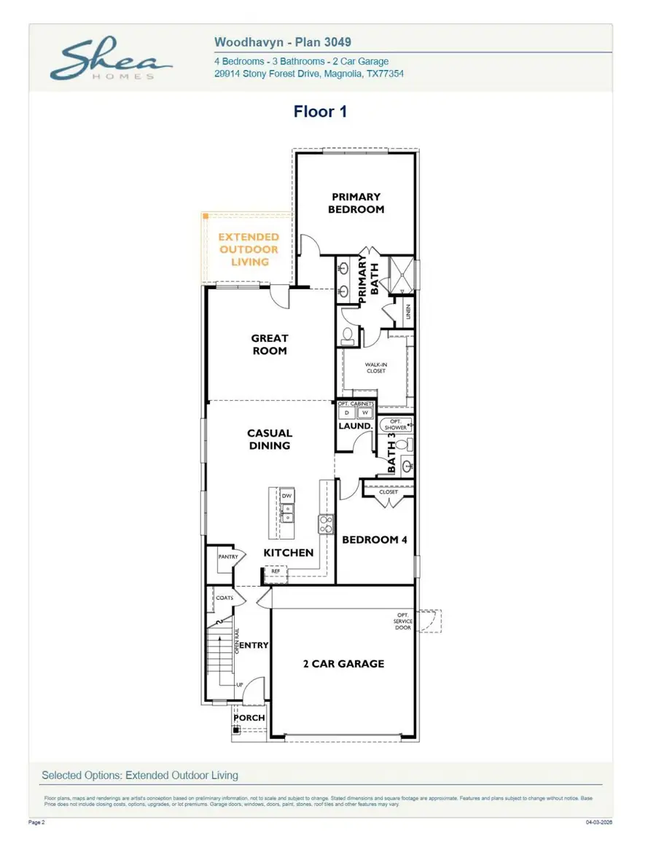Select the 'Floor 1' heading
coord(320,111)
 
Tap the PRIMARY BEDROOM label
coord(356,203)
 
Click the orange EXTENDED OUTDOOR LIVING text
coord(249,249)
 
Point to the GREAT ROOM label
coord(270,344)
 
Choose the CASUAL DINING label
coord(270,439)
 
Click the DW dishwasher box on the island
coord(287,496)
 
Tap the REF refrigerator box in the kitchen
coord(276,571)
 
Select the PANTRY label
coord(227,557)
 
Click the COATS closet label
coord(224,598)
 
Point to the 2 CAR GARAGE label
coord(343,664)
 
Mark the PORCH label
coord(249,718)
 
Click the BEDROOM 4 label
coord(375,539)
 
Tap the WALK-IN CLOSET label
coord(375,367)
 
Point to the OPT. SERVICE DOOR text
coord(403,622)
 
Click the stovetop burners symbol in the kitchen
coord(325,524)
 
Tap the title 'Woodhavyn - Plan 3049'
coord(283,43)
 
